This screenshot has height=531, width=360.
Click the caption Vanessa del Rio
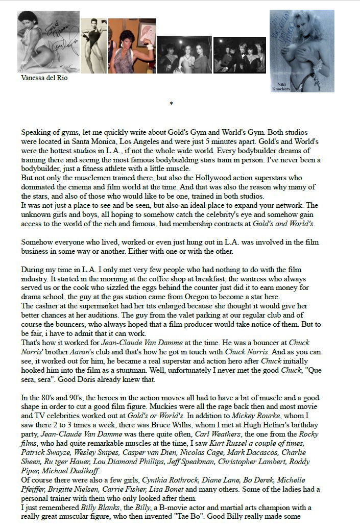pyautogui.click(x=44, y=78)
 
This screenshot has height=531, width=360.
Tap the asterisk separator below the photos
pyautogui.click(x=172, y=104)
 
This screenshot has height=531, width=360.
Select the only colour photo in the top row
pyautogui.click(x=132, y=46)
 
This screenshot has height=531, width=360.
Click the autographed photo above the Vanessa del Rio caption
pyautogui.click(x=49, y=42)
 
